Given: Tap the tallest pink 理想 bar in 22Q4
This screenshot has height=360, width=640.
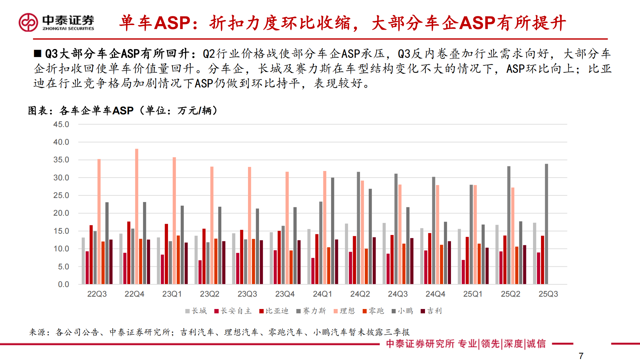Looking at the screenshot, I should pos(137,217).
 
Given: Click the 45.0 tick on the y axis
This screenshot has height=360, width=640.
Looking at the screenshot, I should pos(61,124).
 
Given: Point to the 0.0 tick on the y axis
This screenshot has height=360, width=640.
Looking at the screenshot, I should pos(63,284).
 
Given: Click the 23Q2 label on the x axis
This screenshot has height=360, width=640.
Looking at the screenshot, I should pos(209,294).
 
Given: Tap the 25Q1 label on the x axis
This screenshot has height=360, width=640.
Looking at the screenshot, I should pos(473,294).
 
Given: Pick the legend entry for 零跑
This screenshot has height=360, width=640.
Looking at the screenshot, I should pos(373,311).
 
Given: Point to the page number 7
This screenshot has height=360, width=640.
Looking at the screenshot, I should pos(581,356).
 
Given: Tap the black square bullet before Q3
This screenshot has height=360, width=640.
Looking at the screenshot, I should pos(38,53).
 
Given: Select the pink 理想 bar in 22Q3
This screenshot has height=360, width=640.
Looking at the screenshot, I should pos(99,222).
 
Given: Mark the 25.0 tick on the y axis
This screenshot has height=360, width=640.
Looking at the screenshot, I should pos(61,195).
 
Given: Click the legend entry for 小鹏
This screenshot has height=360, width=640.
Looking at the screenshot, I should pos(402,311).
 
